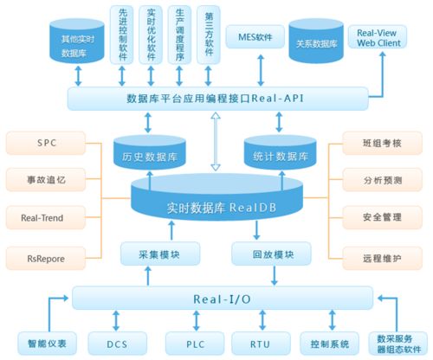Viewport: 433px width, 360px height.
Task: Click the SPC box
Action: [45, 141]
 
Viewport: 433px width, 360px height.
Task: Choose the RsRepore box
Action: [45, 257]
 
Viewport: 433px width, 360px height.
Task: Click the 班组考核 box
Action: [382, 141]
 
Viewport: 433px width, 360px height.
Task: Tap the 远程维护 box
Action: [382, 257]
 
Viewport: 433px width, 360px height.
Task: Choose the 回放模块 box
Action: [270, 255]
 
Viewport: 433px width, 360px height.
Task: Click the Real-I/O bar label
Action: [223, 299]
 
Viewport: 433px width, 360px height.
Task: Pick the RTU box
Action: [260, 344]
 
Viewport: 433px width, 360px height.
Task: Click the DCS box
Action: [117, 344]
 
